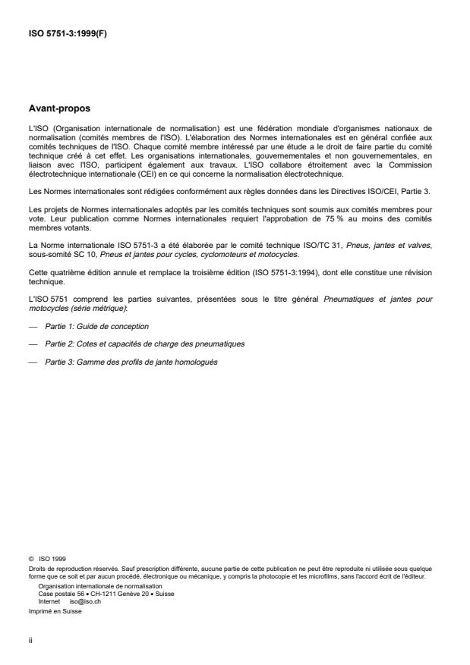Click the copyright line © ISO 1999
point(47,560)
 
